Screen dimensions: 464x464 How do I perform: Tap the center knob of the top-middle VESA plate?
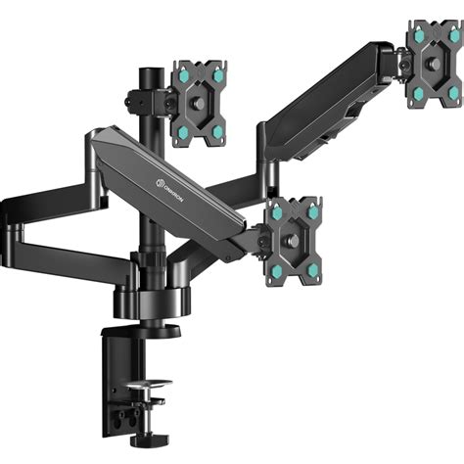202,102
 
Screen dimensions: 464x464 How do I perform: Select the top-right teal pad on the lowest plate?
312,209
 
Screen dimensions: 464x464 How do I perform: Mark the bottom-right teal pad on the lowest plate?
312,267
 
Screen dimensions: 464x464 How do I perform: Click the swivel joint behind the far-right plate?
401,64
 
